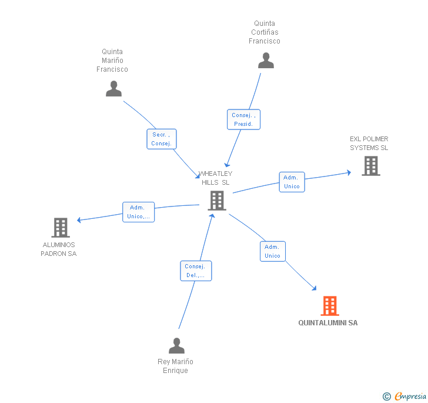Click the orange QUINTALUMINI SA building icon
click(x=330, y=306)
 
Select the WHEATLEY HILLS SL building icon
click(x=217, y=201)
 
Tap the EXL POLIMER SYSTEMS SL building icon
click(x=370, y=166)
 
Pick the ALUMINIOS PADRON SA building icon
click(x=60, y=228)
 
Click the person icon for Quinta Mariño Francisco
click(x=113, y=88)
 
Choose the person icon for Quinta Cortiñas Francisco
click(x=266, y=60)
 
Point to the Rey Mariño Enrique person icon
click(x=176, y=345)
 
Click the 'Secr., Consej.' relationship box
click(x=161, y=139)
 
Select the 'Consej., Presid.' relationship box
click(x=243, y=119)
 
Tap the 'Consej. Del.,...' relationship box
click(x=195, y=271)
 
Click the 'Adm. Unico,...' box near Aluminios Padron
click(x=138, y=212)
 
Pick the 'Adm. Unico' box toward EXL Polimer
click(x=292, y=182)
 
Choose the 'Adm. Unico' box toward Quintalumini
click(x=273, y=251)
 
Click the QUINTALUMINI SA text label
click(x=327, y=323)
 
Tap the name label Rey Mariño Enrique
click(x=175, y=366)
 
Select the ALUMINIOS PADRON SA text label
click(x=59, y=249)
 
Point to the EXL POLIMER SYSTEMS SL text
click(x=369, y=144)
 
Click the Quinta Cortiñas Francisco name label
click(x=265, y=32)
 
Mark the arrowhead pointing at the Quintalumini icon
click(x=315, y=288)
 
